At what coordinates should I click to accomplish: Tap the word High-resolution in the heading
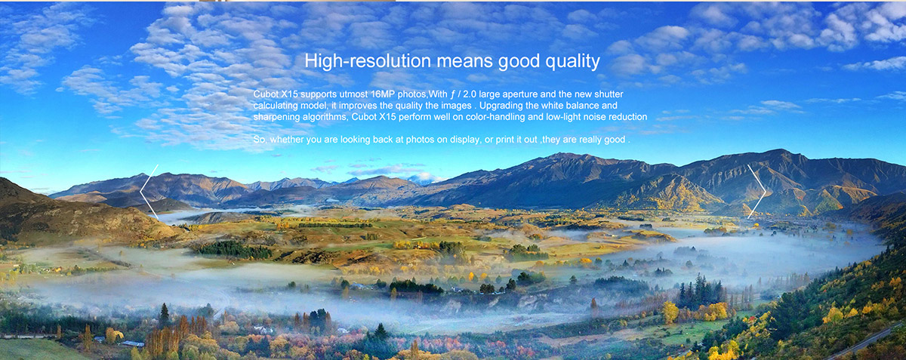point(368,61)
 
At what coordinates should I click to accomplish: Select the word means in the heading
point(465,61)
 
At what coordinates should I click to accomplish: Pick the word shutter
point(609,94)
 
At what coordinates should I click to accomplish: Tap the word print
point(504,140)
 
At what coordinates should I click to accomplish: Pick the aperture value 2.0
point(470,94)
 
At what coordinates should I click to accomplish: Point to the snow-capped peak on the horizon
point(424,178)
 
